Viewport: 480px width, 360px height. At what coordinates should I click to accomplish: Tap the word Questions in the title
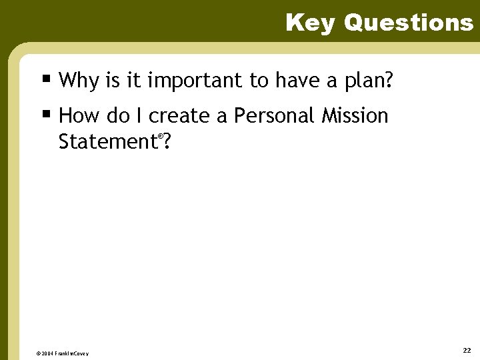click(408, 23)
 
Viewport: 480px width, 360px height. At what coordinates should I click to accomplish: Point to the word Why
click(78, 81)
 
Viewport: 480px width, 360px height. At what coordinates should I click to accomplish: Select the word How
click(79, 116)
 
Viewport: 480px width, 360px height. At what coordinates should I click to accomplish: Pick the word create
click(179, 116)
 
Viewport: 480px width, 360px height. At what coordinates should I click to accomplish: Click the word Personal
click(274, 116)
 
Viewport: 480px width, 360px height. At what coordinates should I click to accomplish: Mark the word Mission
click(355, 116)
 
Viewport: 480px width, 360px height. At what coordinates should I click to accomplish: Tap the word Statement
click(107, 142)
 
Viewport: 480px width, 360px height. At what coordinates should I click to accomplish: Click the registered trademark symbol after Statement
click(160, 136)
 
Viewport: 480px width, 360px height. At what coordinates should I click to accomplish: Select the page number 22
click(466, 350)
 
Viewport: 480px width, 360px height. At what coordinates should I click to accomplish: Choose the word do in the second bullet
click(118, 116)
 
